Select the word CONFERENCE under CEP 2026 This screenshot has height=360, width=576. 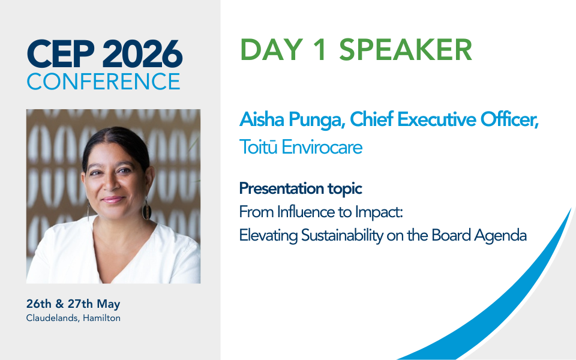[103, 81]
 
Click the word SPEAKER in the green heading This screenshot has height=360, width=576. [406, 50]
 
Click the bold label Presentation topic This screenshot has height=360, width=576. [301, 188]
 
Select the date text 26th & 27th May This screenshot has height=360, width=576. [73, 304]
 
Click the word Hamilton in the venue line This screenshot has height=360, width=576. [102, 318]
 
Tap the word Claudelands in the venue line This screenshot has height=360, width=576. [51, 318]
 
